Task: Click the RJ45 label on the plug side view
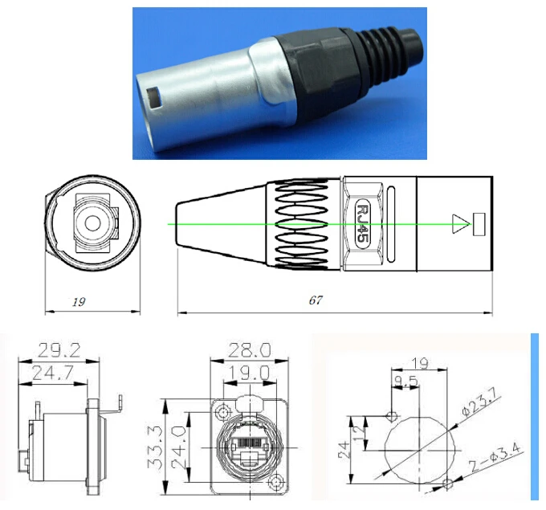[x=361, y=223]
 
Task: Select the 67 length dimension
[x=316, y=300]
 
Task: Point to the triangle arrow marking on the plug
[x=460, y=224]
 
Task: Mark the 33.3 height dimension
[x=158, y=447]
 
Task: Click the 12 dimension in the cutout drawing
[x=365, y=426]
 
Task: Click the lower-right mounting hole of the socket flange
[x=277, y=483]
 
